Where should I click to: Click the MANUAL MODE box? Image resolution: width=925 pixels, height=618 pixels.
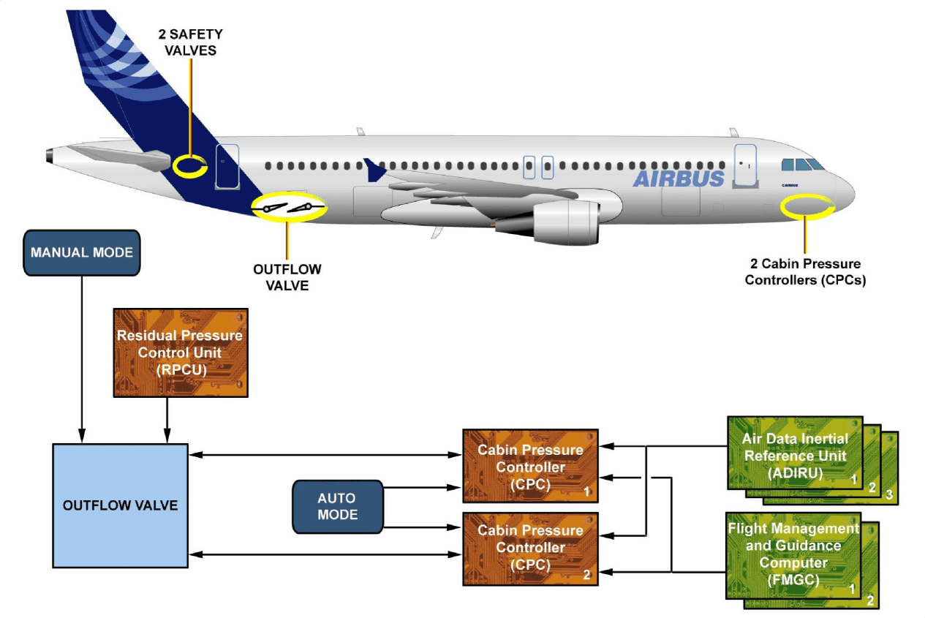pyautogui.click(x=82, y=252)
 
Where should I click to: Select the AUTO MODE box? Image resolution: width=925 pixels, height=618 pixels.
pyautogui.click(x=337, y=506)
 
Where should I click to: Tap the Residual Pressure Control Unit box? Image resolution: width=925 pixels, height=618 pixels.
pyautogui.click(x=180, y=353)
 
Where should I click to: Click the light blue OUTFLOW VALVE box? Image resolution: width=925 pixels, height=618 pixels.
pyautogui.click(x=120, y=505)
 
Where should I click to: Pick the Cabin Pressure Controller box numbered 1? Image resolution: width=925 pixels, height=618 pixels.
pyautogui.click(x=530, y=466)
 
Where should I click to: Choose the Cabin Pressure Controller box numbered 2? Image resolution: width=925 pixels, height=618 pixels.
pyautogui.click(x=530, y=549)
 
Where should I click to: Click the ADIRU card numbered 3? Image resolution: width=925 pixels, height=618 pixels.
pyautogui.click(x=889, y=494)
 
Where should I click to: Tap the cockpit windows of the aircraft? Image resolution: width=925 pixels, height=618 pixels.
pyautogui.click(x=803, y=165)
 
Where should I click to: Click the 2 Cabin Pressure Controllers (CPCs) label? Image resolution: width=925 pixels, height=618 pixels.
pyautogui.click(x=804, y=271)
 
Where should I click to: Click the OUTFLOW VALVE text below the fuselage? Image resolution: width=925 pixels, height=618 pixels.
pyautogui.click(x=287, y=277)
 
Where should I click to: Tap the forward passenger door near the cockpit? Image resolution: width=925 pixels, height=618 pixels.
pyautogui.click(x=745, y=164)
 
